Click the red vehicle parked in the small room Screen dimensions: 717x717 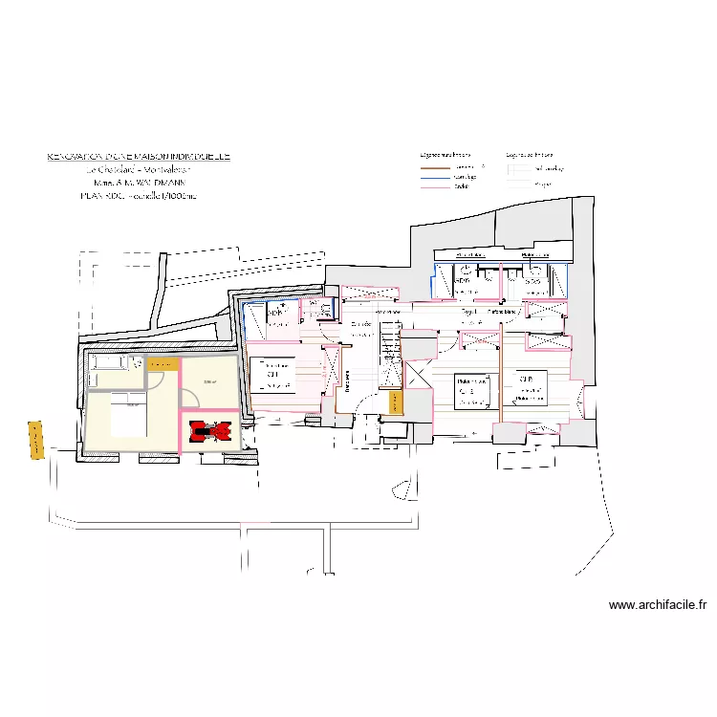coord(209,432)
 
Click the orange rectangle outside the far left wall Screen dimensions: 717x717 coord(36,440)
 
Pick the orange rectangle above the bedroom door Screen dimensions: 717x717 coord(163,363)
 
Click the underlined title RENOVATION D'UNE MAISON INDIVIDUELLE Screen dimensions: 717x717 coord(139,156)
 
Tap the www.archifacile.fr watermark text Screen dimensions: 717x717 coord(658,605)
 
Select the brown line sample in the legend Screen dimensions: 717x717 coord(434,166)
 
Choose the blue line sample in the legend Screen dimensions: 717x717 coord(434,176)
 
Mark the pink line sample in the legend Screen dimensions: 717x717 coord(434,185)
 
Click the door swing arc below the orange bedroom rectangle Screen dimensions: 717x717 coord(163,379)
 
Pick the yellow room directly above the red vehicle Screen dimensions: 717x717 coord(209,382)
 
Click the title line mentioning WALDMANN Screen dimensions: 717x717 coord(140,182)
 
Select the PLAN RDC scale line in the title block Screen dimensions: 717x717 coord(139,195)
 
